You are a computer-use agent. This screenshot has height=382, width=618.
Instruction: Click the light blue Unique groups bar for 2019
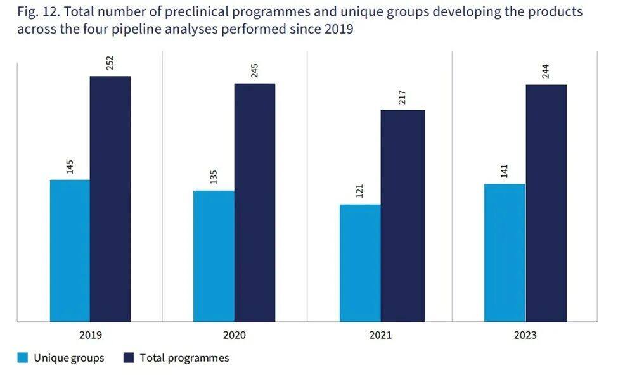70,251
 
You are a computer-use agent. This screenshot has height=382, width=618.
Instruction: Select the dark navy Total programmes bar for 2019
110,199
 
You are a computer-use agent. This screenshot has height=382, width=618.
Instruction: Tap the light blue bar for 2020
214,257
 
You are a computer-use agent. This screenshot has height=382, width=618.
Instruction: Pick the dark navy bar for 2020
255,203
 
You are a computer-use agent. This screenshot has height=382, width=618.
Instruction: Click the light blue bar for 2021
360,263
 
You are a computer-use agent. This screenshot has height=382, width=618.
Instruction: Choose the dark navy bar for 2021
402,216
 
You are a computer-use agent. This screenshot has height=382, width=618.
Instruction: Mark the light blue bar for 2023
505,253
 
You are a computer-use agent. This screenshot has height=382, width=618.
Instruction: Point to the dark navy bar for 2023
546,203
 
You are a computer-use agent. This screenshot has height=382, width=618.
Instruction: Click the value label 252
110,63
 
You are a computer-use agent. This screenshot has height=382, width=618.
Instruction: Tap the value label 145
70,167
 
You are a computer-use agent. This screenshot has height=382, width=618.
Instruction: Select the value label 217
402,98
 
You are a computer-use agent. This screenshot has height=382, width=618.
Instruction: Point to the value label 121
359,191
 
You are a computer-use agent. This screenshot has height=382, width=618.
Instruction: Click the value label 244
546,72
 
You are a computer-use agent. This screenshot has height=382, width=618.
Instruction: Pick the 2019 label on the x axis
91,335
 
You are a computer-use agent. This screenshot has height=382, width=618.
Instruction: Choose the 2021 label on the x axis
380,335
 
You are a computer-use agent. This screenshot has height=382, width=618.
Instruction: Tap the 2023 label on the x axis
525,335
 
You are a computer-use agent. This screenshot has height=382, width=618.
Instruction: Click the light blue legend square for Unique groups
23,357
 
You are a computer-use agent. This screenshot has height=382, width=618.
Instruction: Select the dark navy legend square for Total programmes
129,357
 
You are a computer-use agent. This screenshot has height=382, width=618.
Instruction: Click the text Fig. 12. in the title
38,12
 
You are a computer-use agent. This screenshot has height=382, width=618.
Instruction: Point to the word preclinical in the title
198,12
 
